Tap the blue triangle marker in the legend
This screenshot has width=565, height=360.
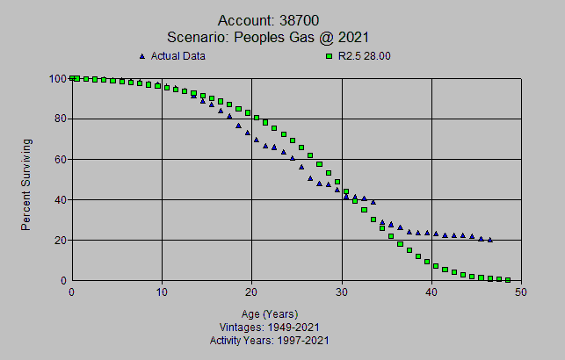[142, 57]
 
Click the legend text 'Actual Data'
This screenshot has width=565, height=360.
[178, 57]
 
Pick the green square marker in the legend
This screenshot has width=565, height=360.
[330, 57]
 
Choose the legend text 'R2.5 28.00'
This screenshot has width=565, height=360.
[366, 57]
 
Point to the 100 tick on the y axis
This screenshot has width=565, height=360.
[58, 78]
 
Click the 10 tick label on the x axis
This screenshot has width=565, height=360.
[162, 292]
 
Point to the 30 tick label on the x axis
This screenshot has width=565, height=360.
[342, 292]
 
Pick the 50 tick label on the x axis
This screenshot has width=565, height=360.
[521, 292]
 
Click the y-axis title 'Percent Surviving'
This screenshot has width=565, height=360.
[27, 184]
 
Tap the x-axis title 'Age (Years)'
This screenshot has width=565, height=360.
[270, 313]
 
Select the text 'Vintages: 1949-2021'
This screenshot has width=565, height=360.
[270, 327]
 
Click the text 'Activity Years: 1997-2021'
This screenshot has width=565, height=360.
[270, 341]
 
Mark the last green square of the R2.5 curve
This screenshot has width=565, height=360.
[508, 280]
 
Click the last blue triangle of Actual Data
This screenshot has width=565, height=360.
[490, 240]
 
